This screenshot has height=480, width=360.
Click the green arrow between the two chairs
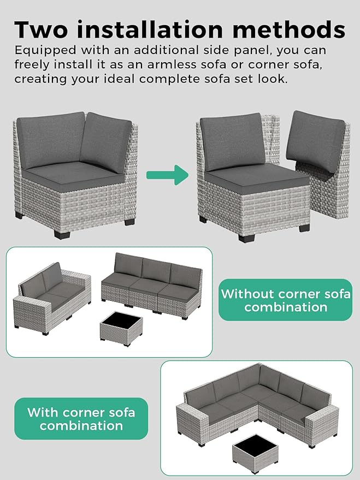coord(167,175)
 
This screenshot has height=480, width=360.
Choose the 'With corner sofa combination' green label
coord(81,418)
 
